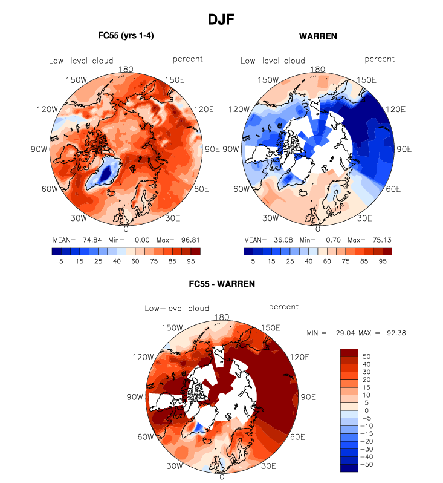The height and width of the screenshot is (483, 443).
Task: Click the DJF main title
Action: coord(221,19)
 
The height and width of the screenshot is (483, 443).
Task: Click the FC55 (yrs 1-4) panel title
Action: coord(126,36)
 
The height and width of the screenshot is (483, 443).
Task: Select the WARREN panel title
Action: coord(318,36)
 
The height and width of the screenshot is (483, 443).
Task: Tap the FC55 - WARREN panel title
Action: coord(222,283)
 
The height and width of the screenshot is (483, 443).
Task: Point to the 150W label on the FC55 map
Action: coord(79,80)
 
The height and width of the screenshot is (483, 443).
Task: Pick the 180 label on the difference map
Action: coord(222,317)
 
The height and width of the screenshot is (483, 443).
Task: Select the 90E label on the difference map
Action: coord(309,397)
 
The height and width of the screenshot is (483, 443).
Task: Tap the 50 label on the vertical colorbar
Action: coord(366,356)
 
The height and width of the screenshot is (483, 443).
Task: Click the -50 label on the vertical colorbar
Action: coord(367,465)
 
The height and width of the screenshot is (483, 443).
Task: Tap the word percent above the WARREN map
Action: coord(380,59)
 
